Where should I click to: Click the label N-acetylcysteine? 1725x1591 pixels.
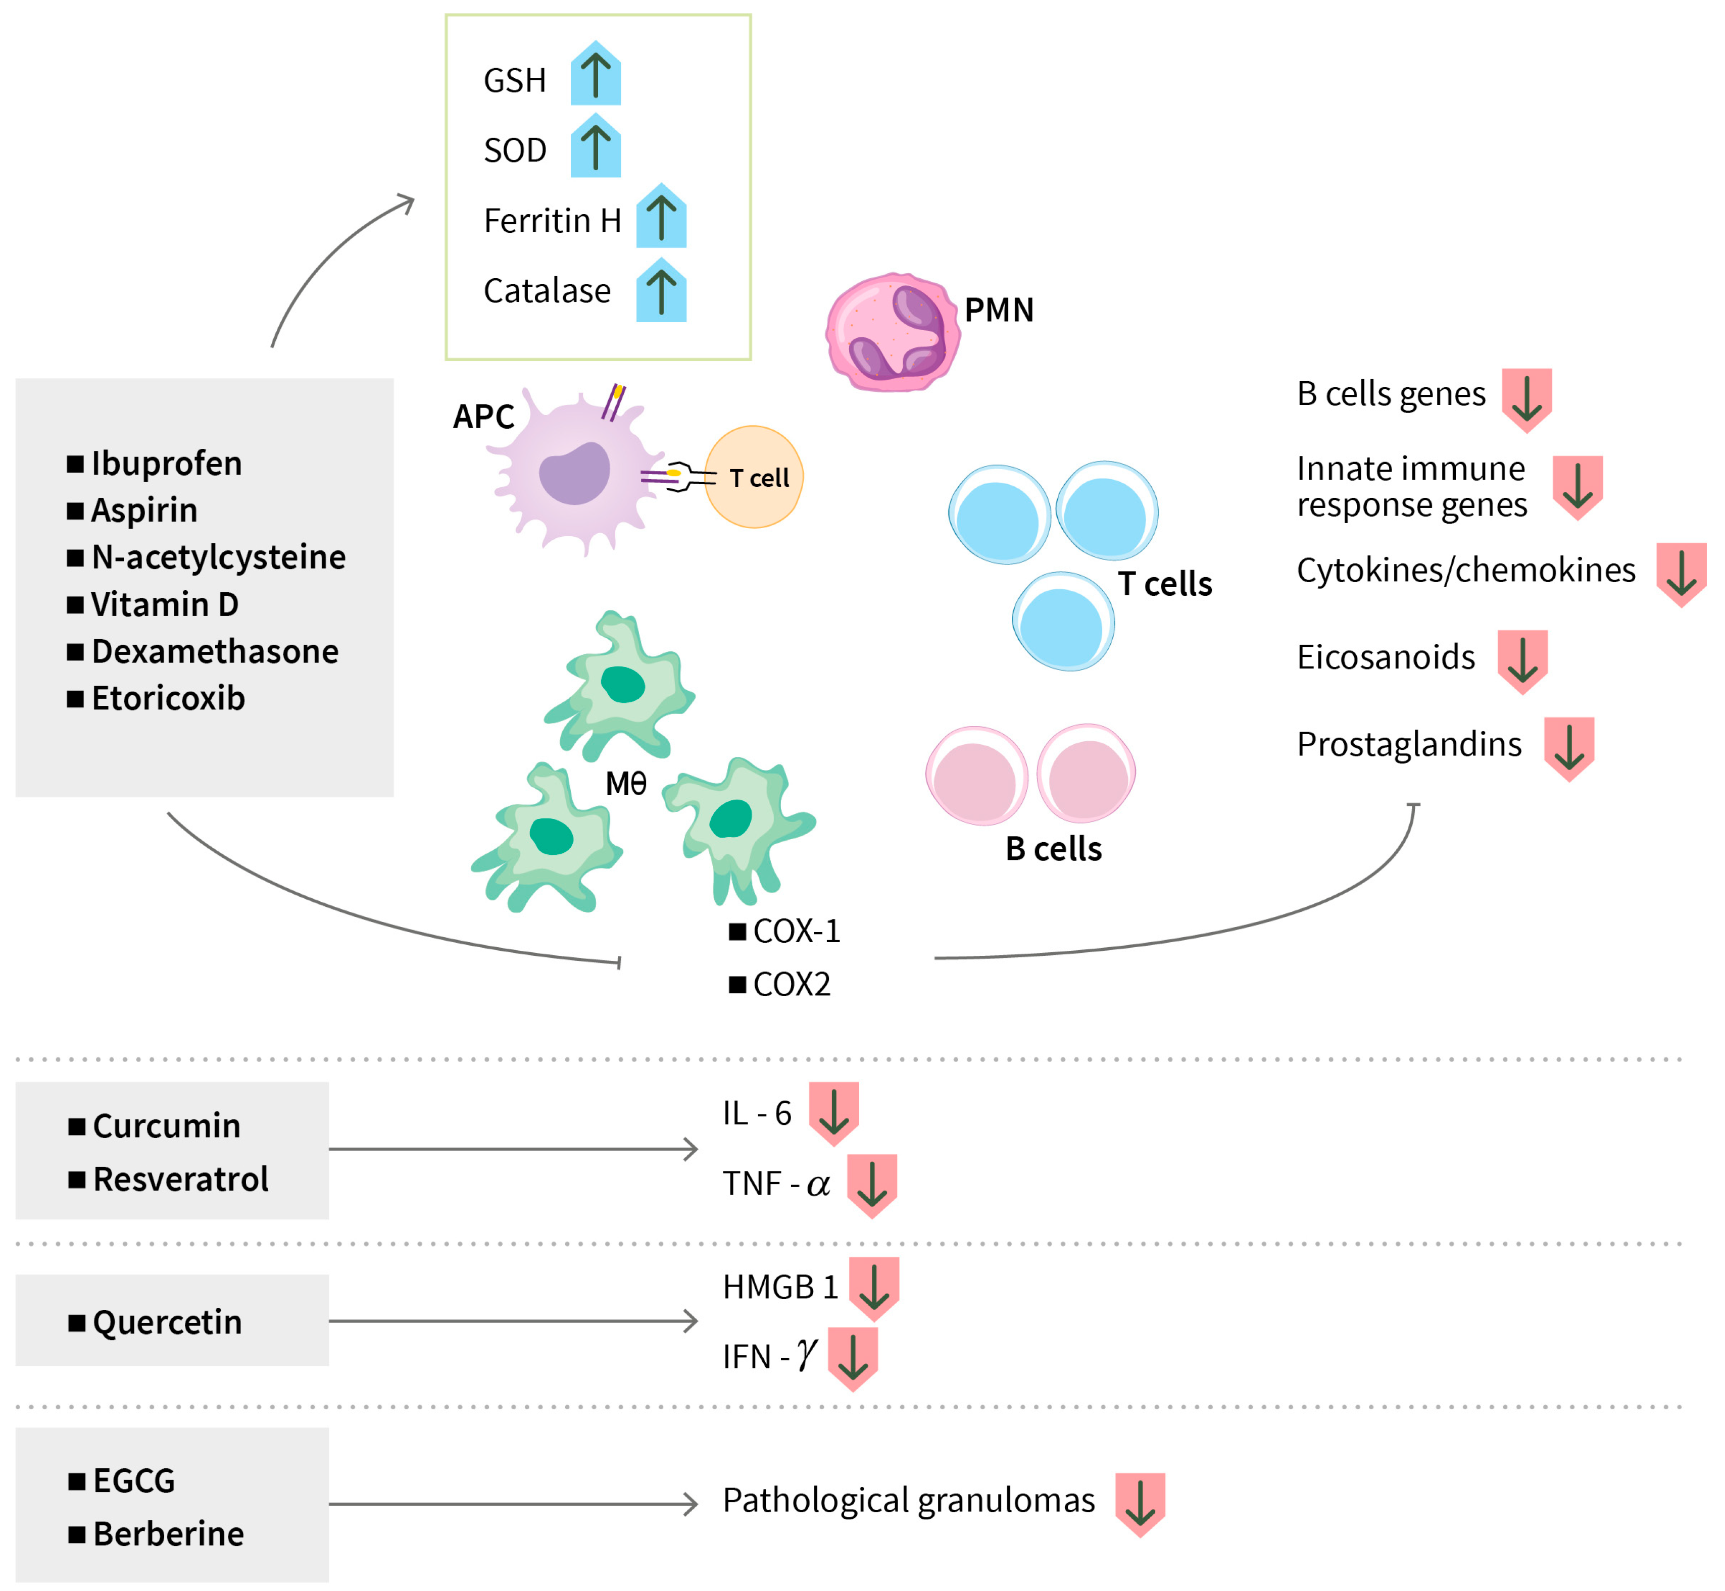pos(219,557)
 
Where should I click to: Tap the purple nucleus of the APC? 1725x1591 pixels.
pos(574,473)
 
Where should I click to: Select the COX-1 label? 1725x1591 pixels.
pos(797,931)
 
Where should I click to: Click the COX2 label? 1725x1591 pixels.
pos(793,984)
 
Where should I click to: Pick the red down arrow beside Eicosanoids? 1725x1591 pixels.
pos(1522,662)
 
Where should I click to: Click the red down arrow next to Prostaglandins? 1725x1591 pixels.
pos(1569,749)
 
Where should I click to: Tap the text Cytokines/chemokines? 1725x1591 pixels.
pos(1466,570)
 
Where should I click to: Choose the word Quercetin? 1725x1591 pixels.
pos(168,1321)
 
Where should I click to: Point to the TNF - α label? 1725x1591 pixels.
pos(776,1184)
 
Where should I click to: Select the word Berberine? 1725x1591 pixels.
pos(169,1533)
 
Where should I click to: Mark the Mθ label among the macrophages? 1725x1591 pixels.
pos(626,784)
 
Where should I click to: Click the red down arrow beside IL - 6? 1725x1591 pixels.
pos(833,1114)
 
